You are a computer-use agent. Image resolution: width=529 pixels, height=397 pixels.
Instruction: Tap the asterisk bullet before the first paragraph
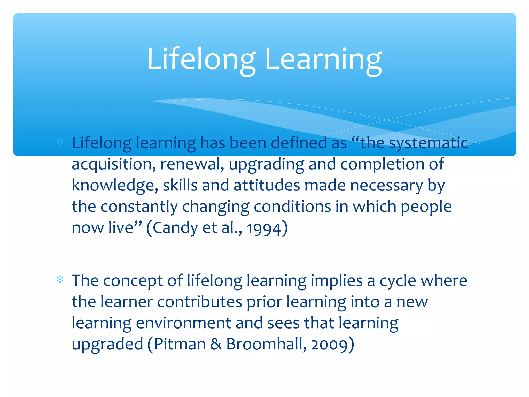[x=60, y=142]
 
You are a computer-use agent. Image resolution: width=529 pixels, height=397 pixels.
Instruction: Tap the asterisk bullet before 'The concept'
[x=60, y=280]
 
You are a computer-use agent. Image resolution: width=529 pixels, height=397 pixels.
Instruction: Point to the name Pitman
[x=180, y=344]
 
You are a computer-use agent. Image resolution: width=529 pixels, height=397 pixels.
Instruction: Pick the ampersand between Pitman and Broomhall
[x=216, y=344]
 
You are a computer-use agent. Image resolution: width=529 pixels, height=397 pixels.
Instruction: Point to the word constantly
[x=139, y=207]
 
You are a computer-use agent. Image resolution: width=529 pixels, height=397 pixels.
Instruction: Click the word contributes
[x=199, y=302]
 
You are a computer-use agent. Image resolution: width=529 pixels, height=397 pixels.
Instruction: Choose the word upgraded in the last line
[x=107, y=345]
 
